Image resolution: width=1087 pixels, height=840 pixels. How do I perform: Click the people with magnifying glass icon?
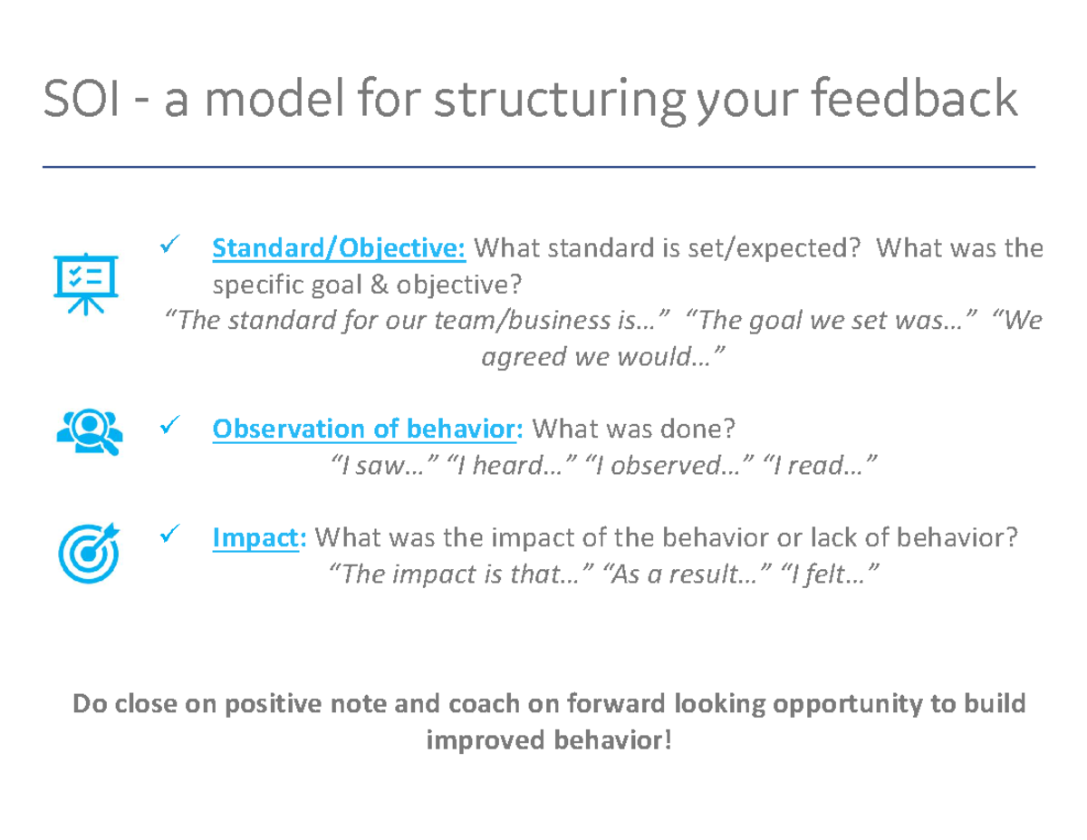click(x=88, y=430)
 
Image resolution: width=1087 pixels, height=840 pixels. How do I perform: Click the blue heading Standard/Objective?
click(x=339, y=247)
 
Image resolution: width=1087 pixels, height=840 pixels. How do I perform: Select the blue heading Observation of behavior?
click(x=367, y=429)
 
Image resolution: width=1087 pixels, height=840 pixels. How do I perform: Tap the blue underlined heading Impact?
click(x=259, y=538)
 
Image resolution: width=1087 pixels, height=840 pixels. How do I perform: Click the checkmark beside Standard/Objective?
click(x=168, y=245)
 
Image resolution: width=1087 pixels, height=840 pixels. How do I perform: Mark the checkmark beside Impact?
click(x=168, y=536)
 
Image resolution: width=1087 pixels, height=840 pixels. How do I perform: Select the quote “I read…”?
click(x=822, y=466)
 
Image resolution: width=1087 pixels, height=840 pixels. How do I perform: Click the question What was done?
click(x=633, y=429)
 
